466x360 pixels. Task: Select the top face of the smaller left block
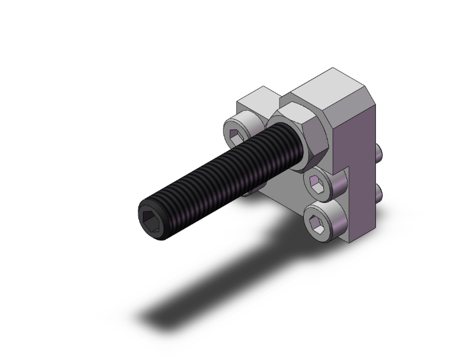point(258,96)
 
